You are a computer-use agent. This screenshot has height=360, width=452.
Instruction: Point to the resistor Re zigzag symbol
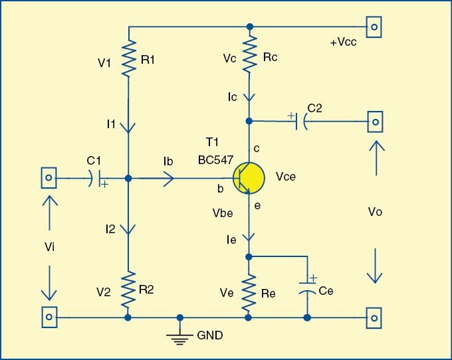(249, 293)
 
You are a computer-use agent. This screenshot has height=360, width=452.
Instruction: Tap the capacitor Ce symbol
(306, 288)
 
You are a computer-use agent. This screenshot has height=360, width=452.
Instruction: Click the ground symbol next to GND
(178, 337)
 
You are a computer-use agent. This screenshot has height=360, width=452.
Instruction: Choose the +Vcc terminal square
(375, 27)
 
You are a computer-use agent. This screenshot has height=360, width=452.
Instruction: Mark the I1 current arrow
(128, 126)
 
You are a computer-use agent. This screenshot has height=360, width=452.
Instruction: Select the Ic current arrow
(249, 98)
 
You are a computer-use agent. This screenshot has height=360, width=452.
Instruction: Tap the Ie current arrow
(249, 235)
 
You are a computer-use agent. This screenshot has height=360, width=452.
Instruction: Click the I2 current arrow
(128, 230)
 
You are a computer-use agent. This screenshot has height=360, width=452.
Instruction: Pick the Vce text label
(286, 177)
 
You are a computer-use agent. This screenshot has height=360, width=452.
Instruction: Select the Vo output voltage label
(375, 211)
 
